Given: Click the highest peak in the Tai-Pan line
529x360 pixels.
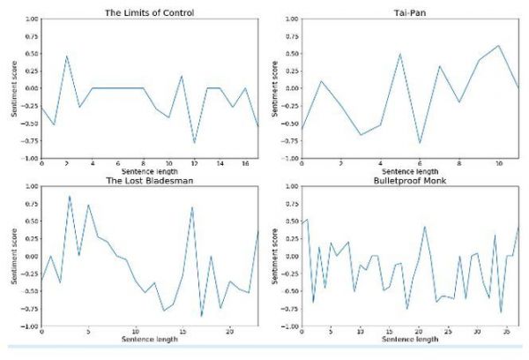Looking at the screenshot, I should click(499, 45).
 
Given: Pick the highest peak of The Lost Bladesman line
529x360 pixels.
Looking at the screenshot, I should click(70, 196).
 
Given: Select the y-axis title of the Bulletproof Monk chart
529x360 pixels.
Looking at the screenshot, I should click(274, 256).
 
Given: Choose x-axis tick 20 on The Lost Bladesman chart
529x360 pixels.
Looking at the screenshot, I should click(229, 333).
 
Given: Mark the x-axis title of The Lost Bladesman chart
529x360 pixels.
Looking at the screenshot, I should click(149, 340).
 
